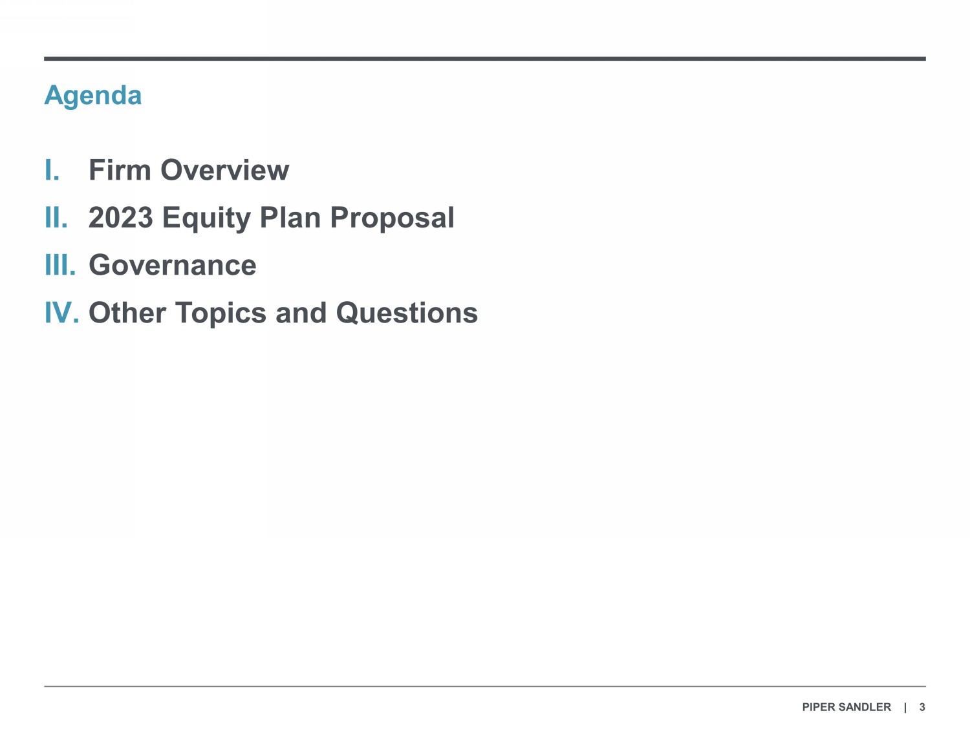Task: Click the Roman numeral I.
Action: (x=52, y=170)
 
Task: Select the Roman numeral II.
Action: (x=56, y=217)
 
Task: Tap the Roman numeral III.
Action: (x=60, y=265)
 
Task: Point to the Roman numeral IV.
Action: (x=62, y=312)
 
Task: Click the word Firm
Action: (x=120, y=170)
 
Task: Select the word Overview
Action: (x=225, y=170)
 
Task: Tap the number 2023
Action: (x=120, y=217)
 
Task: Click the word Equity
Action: (x=206, y=218)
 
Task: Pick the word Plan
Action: (x=290, y=217)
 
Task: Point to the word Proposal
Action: (x=392, y=218)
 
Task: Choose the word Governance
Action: (x=173, y=265)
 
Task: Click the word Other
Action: (x=127, y=312)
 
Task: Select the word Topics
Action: (x=221, y=313)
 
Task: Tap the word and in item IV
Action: (x=301, y=312)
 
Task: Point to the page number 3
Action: (x=922, y=707)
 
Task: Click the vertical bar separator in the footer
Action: (x=905, y=708)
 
